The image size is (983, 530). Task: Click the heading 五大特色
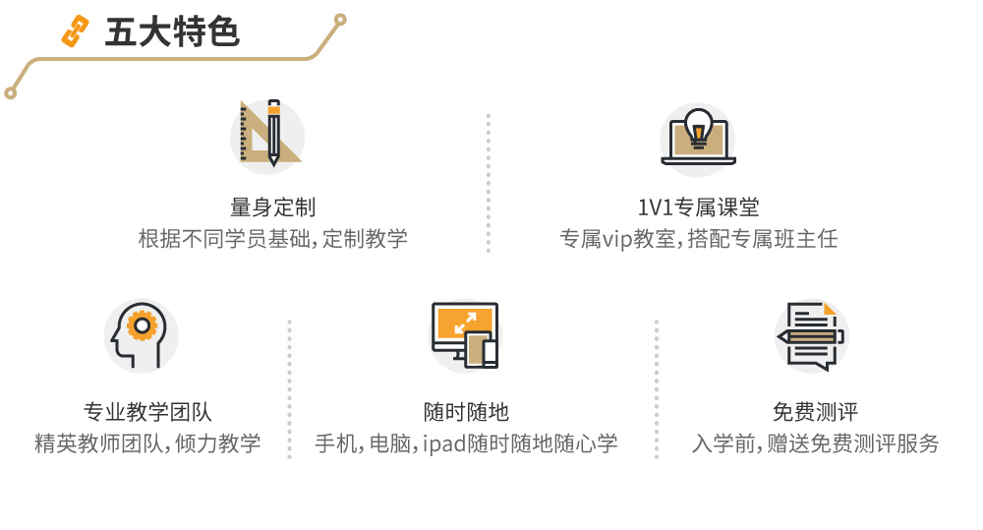(172, 32)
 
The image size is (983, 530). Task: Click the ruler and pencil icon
(266, 135)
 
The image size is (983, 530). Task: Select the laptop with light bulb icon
(698, 139)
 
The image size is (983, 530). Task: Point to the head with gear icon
(141, 335)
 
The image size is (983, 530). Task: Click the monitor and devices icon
(465, 335)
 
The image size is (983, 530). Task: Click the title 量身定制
(272, 207)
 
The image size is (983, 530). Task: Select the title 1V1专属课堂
(698, 207)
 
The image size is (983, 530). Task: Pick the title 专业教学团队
(147, 412)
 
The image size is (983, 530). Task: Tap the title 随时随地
(466, 412)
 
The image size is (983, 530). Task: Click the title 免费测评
(815, 412)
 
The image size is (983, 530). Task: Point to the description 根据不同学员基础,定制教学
(272, 239)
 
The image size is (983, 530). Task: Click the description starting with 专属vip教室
(698, 239)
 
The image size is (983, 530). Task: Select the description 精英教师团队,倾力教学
(147, 443)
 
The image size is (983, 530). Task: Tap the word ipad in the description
(445, 444)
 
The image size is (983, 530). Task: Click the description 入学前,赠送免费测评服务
(815, 443)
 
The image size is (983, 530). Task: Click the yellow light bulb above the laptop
(698, 126)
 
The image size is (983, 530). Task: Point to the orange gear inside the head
(144, 324)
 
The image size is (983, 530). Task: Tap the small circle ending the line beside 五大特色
(341, 19)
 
